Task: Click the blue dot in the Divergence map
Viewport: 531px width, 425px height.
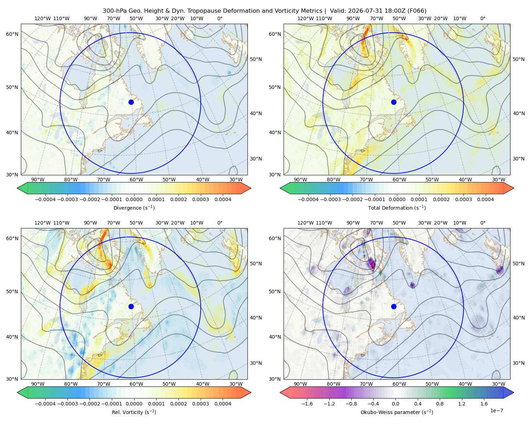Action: click(131, 102)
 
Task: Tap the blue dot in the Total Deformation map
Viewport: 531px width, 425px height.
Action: click(394, 102)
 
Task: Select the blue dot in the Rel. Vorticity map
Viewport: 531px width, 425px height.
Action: click(131, 306)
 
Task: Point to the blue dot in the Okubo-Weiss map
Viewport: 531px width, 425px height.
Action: click(394, 306)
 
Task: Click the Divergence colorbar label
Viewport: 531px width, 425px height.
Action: click(134, 208)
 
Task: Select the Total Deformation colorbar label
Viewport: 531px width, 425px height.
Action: click(397, 208)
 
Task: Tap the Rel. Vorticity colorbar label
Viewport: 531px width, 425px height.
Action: click(134, 412)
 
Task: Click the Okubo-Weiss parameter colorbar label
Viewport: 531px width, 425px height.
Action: click(397, 412)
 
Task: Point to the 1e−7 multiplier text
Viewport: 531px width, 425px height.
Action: click(496, 410)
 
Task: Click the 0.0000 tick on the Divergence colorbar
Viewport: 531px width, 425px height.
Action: click(134, 199)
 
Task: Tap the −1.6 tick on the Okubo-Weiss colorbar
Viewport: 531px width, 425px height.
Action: click(307, 403)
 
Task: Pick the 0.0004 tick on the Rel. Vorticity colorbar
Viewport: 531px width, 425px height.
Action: click(223, 403)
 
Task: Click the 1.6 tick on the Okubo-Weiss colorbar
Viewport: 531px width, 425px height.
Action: click(484, 403)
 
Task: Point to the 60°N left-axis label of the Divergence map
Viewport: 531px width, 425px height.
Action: click(12, 34)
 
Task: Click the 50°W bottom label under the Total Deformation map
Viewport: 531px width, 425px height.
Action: click(432, 180)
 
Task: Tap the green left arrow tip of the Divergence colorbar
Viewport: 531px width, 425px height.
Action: click(17, 188)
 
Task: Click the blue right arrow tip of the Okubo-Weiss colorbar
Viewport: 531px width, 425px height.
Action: click(513, 392)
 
